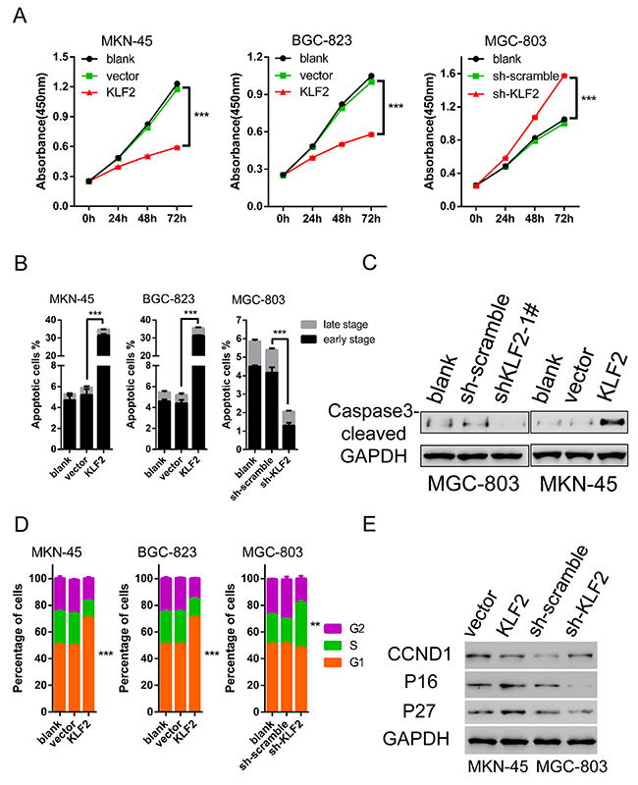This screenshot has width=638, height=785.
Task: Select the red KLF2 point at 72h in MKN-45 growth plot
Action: click(x=176, y=147)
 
